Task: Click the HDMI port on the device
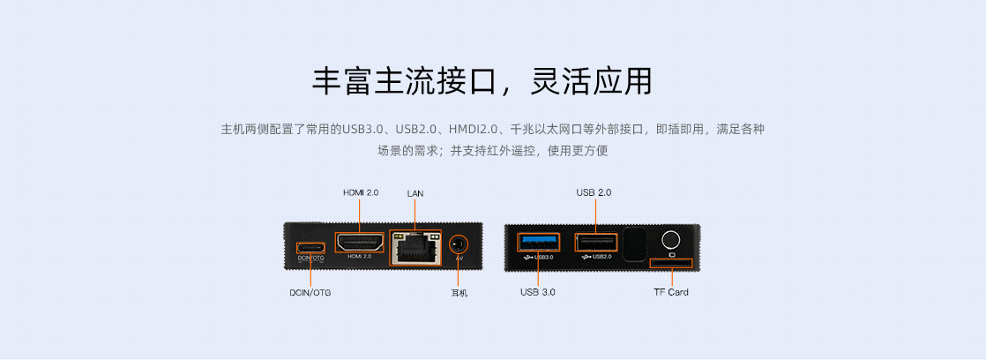coord(359,242)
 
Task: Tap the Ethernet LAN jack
coord(415,247)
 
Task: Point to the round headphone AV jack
coord(459,244)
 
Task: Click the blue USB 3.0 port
coord(538,242)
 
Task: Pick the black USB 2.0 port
coord(595,243)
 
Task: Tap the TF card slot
coord(671,263)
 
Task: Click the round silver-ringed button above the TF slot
coord(671,240)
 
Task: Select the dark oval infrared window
coord(634,244)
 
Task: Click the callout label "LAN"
coord(415,193)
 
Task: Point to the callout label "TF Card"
coord(671,292)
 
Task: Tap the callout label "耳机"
coord(459,293)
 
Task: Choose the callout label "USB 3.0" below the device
coord(538,292)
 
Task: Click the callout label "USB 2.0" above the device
coord(594,192)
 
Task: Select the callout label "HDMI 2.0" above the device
coord(361,192)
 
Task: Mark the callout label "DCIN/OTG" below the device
coord(310,293)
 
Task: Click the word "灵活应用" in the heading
coord(591,80)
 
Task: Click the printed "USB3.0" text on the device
coord(543,257)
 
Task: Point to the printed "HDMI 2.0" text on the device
coord(360,256)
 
